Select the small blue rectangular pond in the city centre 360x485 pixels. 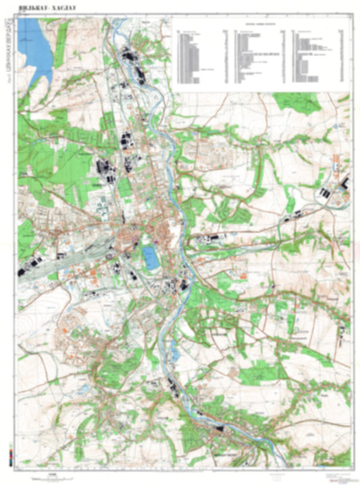click(x=149, y=256)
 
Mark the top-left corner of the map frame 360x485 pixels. click(x=18, y=18)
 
